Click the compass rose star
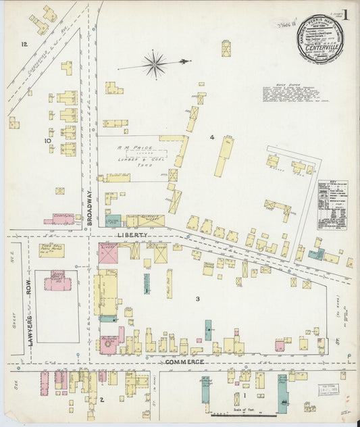(155, 65)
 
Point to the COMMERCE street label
(185, 362)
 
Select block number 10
(47, 141)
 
